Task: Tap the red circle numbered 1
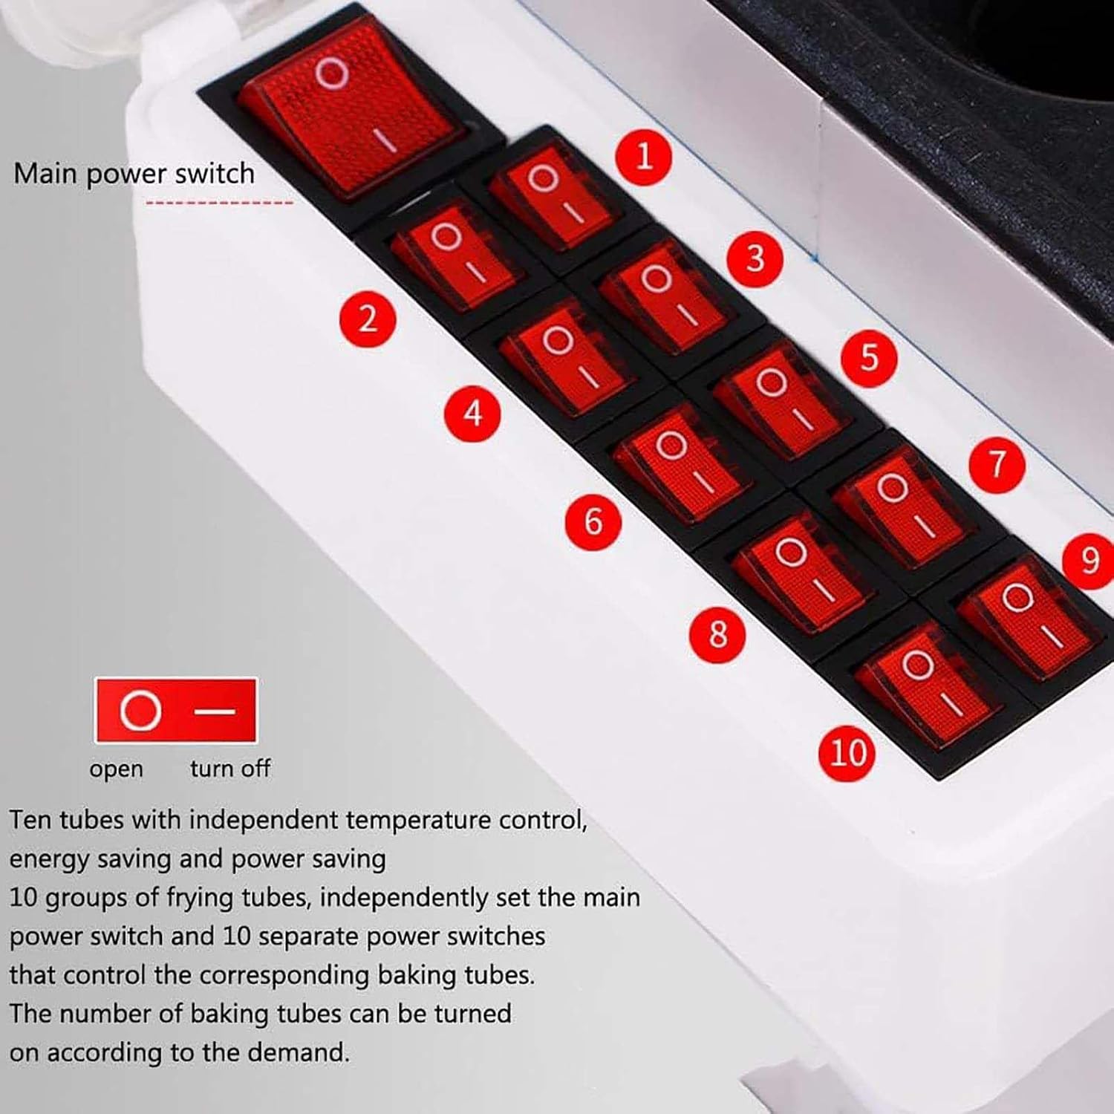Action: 644,156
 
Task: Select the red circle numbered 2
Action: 368,319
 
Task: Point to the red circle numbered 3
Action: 755,258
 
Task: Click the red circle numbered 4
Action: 473,413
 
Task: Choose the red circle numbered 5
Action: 870,357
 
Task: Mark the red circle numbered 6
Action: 593,521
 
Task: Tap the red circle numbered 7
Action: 997,464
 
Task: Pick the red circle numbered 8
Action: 718,634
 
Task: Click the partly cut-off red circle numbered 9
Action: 1090,559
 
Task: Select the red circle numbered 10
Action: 847,753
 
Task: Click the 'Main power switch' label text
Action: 134,175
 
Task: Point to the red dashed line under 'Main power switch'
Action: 219,202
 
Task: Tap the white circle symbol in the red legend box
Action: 140,711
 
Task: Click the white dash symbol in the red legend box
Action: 215,711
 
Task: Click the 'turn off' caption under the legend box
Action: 230,767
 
